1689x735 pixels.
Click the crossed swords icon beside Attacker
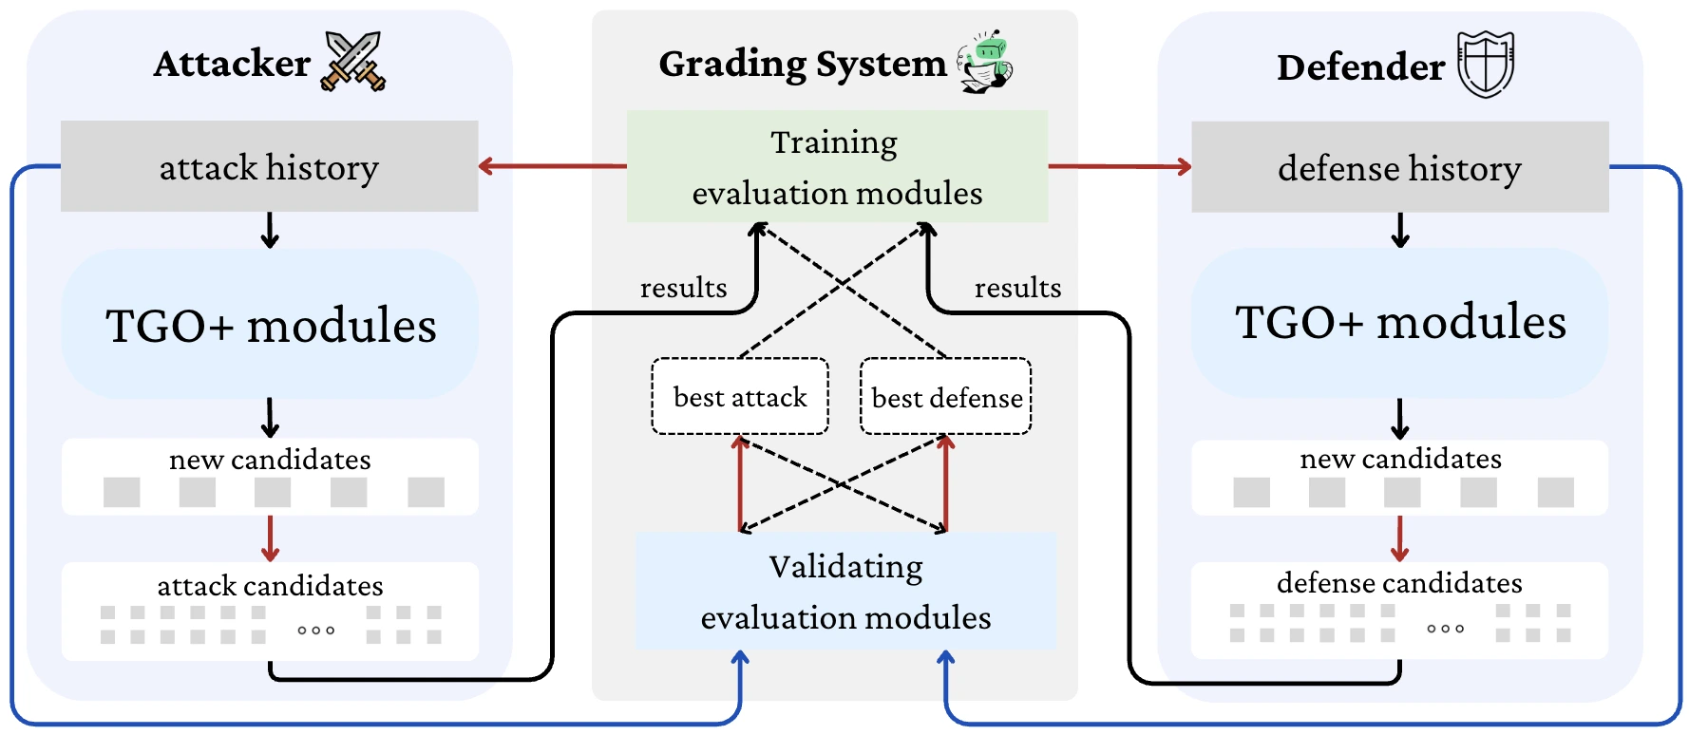pyautogui.click(x=353, y=61)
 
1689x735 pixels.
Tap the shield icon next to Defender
pyautogui.click(x=1486, y=64)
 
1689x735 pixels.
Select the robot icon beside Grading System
pyautogui.click(x=985, y=61)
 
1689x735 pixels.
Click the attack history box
pyautogui.click(x=269, y=166)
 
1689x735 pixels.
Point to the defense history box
pyautogui.click(x=1399, y=167)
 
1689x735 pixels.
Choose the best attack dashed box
pyautogui.click(x=740, y=397)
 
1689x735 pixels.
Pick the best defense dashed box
pyautogui.click(x=946, y=397)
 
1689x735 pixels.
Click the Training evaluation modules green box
pyautogui.click(x=837, y=167)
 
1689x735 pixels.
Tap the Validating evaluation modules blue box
pyautogui.click(x=845, y=591)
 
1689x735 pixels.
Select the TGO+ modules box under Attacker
pyautogui.click(x=270, y=325)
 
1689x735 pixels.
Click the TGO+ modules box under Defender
pyautogui.click(x=1399, y=323)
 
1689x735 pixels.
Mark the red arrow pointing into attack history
pyautogui.click(x=551, y=166)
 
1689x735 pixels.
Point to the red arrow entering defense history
pyautogui.click(x=1121, y=166)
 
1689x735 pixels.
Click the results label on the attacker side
pyautogui.click(x=683, y=288)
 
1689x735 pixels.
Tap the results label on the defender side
pyautogui.click(x=1017, y=288)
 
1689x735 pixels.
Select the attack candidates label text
pyautogui.click(x=270, y=585)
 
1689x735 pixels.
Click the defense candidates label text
pyautogui.click(x=1399, y=582)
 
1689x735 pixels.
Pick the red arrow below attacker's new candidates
pyautogui.click(x=270, y=538)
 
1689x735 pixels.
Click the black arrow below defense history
pyautogui.click(x=1399, y=230)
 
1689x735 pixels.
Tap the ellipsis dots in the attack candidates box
pyautogui.click(x=315, y=630)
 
